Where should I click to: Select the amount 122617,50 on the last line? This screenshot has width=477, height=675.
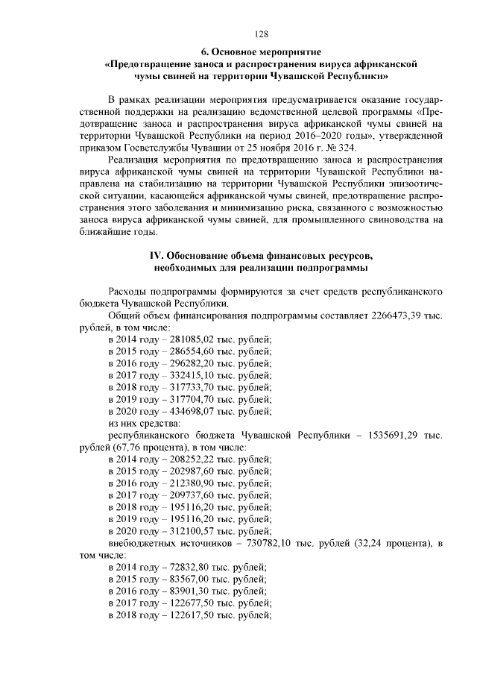pyautogui.click(x=182, y=615)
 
